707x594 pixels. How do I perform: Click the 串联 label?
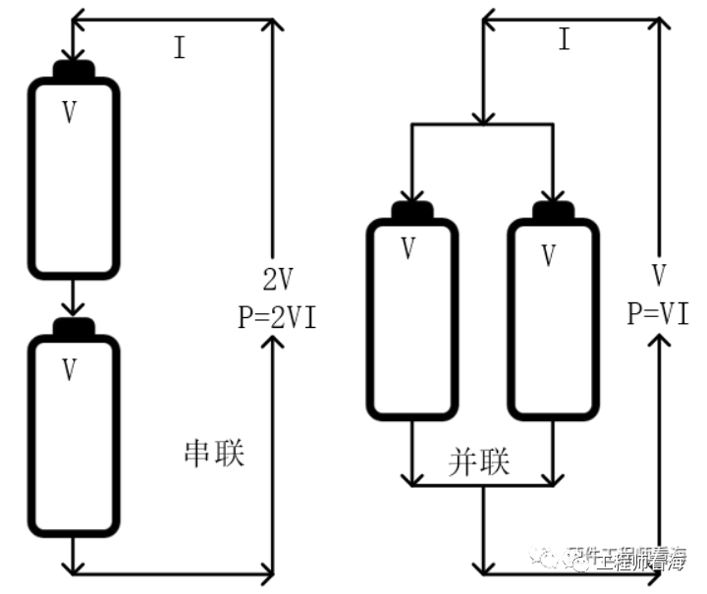[x=214, y=453]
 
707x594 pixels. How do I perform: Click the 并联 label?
[x=480, y=462]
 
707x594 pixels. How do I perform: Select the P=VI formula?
[x=658, y=313]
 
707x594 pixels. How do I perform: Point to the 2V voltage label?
[x=277, y=281]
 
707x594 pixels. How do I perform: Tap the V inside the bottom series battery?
[x=70, y=369]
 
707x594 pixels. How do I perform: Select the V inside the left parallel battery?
[x=408, y=249]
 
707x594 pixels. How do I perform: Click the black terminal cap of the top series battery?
[x=74, y=72]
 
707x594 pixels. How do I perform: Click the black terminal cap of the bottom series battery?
[x=74, y=327]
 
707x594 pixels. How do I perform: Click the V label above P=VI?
[x=659, y=274]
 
